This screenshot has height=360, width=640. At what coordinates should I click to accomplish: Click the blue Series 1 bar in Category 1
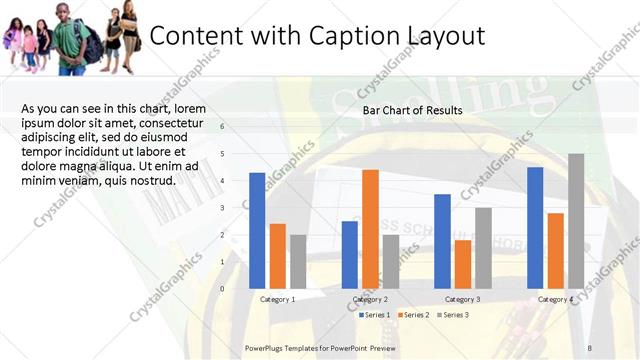pos(257,230)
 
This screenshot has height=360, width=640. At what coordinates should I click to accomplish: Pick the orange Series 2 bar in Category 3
pos(463,264)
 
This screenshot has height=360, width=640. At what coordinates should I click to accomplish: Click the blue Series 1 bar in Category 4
pos(535,227)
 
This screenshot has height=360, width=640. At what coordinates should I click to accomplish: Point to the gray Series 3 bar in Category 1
pos(298,261)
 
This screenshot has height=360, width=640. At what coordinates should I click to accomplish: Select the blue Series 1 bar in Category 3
pos(442,241)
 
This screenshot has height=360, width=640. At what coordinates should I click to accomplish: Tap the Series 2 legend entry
pos(414,315)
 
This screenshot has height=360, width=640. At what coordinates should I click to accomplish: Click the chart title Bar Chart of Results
pos(412,110)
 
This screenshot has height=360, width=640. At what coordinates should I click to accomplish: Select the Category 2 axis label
pos(370,299)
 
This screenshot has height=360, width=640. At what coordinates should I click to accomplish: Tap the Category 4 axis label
pos(556,299)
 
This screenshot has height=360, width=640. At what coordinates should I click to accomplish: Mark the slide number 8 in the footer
pos(590,347)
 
